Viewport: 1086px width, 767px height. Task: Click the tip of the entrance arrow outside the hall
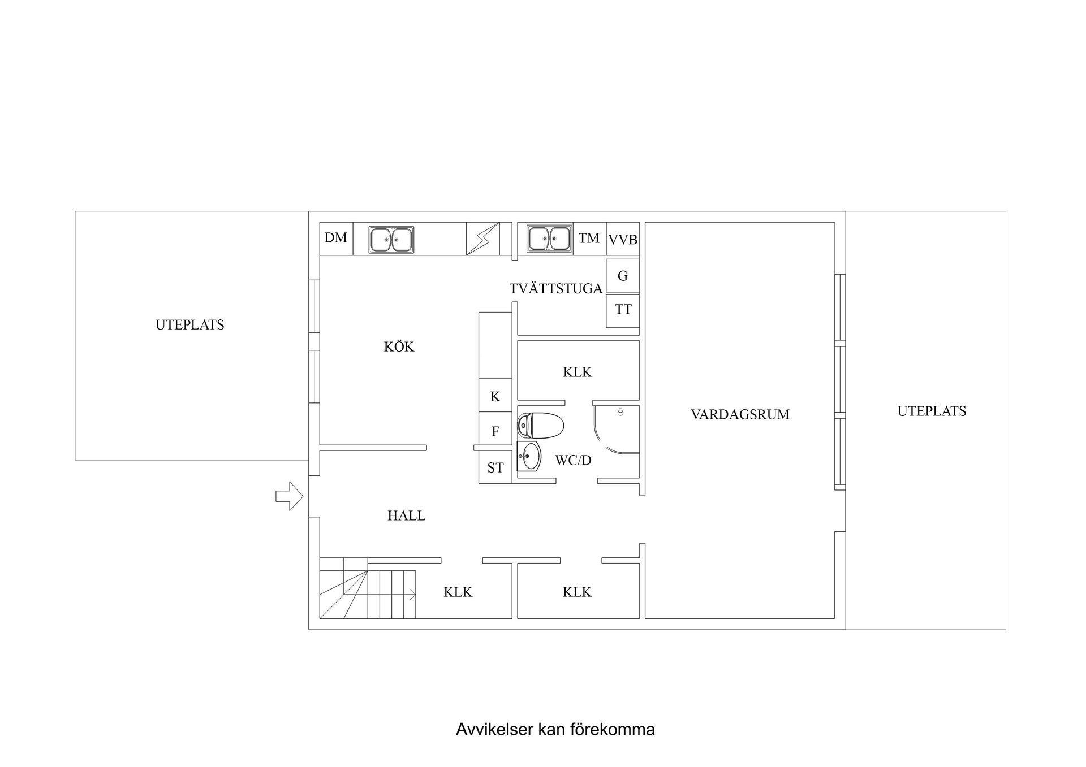tap(303, 496)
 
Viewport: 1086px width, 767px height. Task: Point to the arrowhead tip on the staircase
tap(416, 595)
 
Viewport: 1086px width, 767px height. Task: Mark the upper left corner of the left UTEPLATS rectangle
tap(75, 211)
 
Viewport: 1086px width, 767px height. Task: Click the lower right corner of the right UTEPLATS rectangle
tap(1006, 629)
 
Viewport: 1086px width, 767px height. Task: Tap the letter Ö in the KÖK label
tap(399, 346)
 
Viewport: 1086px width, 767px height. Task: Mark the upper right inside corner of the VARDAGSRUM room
tap(834, 223)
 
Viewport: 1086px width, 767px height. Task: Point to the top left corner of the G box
tap(606, 259)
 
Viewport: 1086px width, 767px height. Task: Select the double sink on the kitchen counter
tap(391, 239)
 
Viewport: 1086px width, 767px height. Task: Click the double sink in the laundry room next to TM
tap(549, 239)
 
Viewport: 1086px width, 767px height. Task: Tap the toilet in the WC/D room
tap(541, 426)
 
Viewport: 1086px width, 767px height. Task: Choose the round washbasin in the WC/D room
tap(529, 456)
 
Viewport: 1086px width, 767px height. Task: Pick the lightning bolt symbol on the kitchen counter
tap(483, 239)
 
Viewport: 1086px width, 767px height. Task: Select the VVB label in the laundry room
tap(623, 240)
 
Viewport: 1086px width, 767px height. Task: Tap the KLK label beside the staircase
tap(458, 592)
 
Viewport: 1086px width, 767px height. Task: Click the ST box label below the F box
tap(495, 468)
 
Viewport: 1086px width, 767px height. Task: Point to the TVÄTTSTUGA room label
tap(556, 288)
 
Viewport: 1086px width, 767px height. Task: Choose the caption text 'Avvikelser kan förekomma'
tap(555, 729)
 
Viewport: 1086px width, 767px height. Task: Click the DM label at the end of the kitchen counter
tap(336, 238)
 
